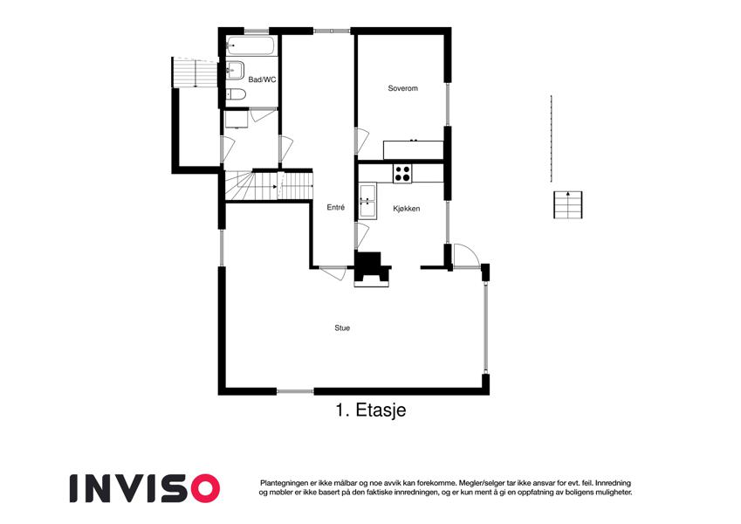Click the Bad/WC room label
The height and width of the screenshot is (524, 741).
pos(262,80)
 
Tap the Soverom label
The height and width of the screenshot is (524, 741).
pos(402,88)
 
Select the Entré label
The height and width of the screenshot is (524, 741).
pos(335,207)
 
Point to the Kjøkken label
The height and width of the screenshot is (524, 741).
pos(407,209)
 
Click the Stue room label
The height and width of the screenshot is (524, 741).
pos(342,327)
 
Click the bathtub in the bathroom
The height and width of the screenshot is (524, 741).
pos(250,46)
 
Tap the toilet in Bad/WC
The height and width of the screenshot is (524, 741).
pos(236,94)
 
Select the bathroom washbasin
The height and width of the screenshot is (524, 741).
pos(234,71)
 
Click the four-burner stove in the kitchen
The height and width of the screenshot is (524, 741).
pos(402,174)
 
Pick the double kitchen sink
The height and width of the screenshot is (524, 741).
pos(367,201)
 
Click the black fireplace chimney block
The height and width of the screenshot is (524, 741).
pos(373,269)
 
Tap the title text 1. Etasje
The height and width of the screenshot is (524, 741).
pos(371,410)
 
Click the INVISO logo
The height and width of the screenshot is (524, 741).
pos(145,488)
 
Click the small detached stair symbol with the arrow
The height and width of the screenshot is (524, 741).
pos(567,204)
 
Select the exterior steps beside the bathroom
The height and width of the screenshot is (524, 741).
pos(195,72)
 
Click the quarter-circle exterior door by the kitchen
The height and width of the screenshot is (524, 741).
pos(466,256)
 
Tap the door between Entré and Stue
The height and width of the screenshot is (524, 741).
pos(333,273)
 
